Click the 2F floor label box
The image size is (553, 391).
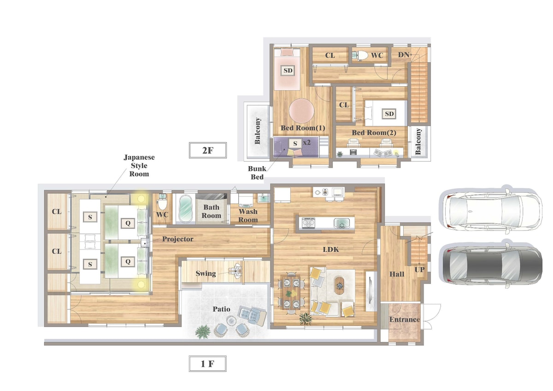[208, 150]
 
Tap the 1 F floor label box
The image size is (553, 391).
[208, 364]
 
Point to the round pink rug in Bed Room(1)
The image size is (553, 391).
[301, 111]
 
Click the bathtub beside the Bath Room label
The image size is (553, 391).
[185, 208]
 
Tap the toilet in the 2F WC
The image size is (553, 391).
[360, 55]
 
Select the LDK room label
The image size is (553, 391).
[331, 249]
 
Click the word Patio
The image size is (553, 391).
[222, 309]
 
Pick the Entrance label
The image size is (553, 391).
[405, 320]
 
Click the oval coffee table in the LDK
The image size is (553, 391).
[340, 285]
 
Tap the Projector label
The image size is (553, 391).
[178, 239]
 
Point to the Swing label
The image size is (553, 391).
[206, 273]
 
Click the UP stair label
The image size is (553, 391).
[419, 270]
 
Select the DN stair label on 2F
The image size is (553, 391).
[403, 54]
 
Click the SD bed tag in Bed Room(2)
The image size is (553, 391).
[389, 113]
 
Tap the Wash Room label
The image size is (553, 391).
[248, 216]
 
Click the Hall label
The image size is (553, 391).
[397, 274]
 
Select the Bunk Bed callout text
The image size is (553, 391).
[257, 172]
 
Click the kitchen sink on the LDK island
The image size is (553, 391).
[341, 223]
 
